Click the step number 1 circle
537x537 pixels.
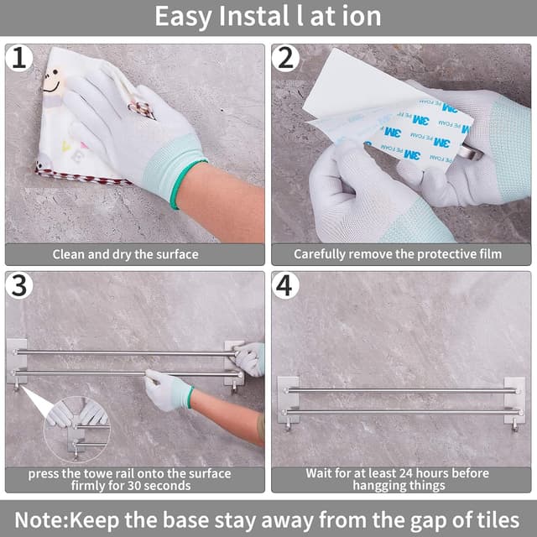pos(19,58)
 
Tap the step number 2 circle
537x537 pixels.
pos(285,58)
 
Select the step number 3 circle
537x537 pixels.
pos(19,285)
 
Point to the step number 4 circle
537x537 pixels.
pos(285,285)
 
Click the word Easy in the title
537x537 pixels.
pos(183,17)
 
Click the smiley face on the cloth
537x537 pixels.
pos(53,82)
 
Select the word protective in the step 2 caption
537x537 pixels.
pos(444,254)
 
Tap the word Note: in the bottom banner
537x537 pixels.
pos(42,520)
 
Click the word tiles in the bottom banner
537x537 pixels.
pos(501,520)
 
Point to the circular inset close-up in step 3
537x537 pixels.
pos(76,430)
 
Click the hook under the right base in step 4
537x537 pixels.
pos(514,427)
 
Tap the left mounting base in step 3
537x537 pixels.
pos(17,361)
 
